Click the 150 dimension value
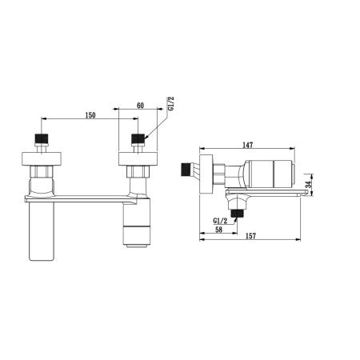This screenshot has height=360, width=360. (x=90, y=115)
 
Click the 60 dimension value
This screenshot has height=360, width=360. (x=140, y=106)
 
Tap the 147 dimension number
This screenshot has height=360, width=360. (x=247, y=145)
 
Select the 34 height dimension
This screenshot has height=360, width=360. (x=309, y=184)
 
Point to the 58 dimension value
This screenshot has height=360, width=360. (x=218, y=230)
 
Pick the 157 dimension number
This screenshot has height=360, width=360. (x=250, y=236)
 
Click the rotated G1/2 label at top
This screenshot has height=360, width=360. (x=170, y=104)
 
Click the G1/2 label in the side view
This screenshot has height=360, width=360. (x=220, y=221)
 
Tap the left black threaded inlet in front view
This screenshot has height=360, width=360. (x=42, y=138)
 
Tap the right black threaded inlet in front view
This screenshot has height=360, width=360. (x=138, y=138)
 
